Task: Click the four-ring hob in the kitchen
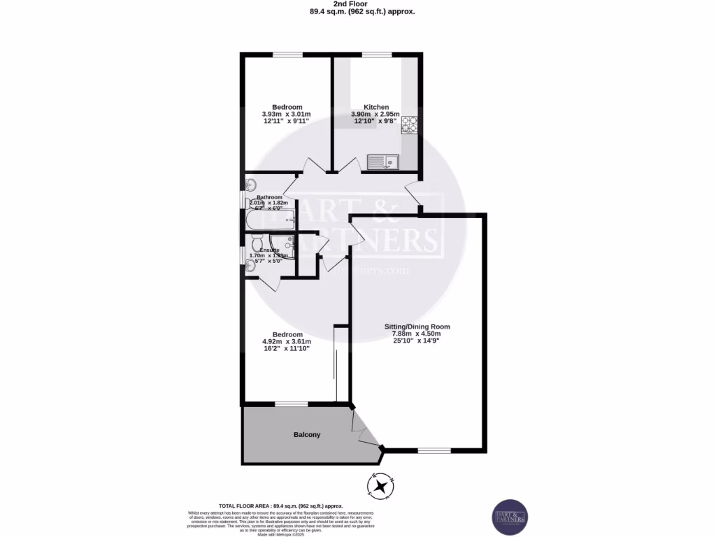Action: point(409,124)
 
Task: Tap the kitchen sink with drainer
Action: point(382,163)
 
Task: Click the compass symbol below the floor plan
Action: point(382,487)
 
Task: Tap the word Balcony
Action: point(306,435)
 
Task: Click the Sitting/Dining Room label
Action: point(417,327)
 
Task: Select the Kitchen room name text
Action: point(376,107)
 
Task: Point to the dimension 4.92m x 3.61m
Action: point(287,342)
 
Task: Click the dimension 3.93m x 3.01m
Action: point(287,115)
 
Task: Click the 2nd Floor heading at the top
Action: point(357,3)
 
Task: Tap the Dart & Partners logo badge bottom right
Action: point(510,517)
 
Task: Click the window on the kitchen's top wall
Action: point(376,55)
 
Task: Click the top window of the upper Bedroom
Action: point(287,55)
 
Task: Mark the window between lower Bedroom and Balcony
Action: point(291,403)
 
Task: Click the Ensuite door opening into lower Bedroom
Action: point(271,282)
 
